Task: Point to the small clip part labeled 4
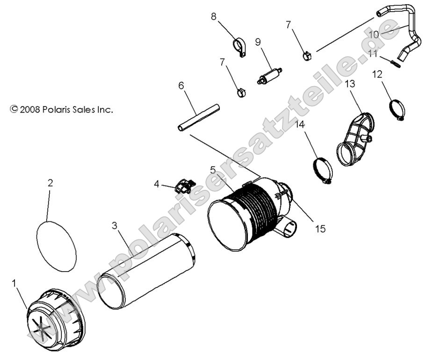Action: coord(183,187)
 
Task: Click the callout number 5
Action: coord(213,169)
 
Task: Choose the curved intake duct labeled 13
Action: coord(356,138)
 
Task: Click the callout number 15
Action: coord(320,229)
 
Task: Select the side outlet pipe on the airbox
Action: coord(288,227)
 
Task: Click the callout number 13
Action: coord(350,84)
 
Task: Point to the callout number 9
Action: coord(258,41)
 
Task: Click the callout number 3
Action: coord(114,225)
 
